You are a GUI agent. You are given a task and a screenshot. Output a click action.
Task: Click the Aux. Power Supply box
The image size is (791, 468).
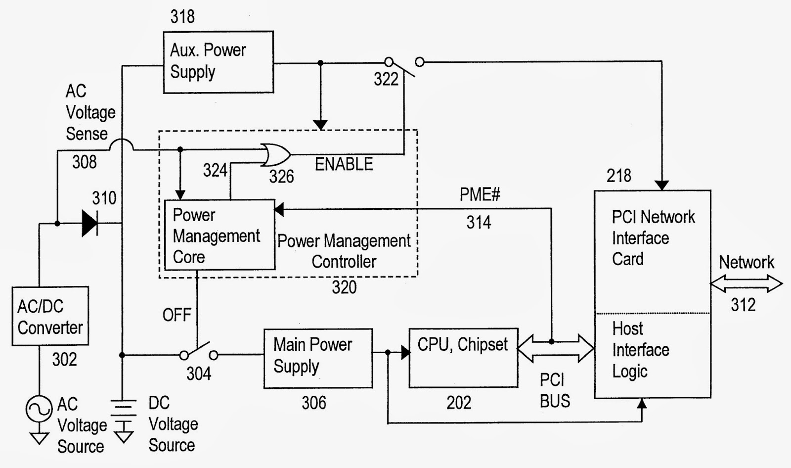(218, 62)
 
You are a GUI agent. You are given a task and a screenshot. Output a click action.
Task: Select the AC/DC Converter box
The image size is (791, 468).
(50, 316)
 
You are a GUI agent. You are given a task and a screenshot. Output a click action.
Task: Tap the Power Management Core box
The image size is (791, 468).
(219, 235)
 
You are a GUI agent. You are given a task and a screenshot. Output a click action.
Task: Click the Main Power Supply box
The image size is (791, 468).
(318, 358)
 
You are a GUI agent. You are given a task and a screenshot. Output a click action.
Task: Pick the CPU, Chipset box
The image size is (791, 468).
(463, 358)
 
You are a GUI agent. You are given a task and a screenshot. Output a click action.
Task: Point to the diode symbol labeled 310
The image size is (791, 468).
(89, 223)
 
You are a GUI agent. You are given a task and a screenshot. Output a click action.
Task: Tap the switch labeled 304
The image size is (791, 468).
(199, 351)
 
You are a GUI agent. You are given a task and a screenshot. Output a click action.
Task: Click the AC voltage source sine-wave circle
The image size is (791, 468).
(39, 409)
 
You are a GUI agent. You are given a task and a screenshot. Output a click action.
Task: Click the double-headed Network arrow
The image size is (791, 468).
(746, 284)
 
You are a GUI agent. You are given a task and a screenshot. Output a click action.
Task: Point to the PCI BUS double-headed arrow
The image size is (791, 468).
(556, 348)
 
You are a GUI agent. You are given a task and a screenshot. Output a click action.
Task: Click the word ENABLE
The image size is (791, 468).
(344, 164)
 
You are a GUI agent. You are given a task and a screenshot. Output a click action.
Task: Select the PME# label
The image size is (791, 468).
(480, 194)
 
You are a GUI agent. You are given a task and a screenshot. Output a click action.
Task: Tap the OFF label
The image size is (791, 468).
(176, 315)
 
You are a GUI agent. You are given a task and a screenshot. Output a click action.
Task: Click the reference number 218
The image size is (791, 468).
(619, 176)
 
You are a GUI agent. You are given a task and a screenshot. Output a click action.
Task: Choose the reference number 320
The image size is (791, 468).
(344, 287)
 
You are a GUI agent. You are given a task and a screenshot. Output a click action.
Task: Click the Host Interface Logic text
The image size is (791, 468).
(640, 350)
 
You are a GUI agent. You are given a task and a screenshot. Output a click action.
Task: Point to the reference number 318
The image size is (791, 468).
(182, 17)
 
